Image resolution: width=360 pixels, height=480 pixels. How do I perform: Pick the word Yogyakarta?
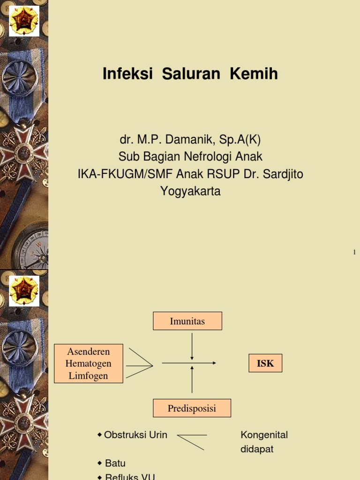click(x=190, y=191)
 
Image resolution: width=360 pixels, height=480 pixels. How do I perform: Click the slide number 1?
click(x=354, y=253)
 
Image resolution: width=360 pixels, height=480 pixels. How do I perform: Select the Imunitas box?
click(x=187, y=321)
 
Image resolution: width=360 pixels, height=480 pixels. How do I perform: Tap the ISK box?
click(x=265, y=363)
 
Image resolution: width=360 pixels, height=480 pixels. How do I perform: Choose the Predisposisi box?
click(x=192, y=408)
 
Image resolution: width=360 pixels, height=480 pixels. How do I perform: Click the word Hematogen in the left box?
click(x=89, y=363)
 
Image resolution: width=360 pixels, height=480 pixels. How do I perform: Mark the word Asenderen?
click(x=89, y=352)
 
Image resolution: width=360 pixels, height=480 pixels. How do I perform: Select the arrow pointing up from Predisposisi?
click(x=192, y=380)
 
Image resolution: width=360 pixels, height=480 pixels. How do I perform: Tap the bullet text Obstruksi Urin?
click(x=135, y=435)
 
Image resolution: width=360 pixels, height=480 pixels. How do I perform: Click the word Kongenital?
click(x=264, y=435)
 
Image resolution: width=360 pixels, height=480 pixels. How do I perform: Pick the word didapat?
click(x=257, y=449)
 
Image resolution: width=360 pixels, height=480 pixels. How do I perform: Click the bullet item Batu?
click(x=115, y=463)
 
